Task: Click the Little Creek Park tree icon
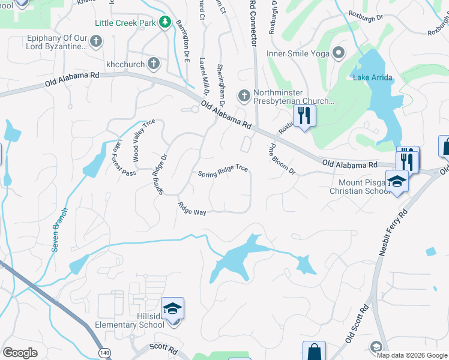165,23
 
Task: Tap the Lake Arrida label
373,77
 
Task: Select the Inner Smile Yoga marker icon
339,52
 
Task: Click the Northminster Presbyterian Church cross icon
244,95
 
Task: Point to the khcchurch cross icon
154,62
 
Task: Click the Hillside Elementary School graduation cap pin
173,309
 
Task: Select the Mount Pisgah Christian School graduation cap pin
397,181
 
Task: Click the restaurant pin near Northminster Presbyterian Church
304,115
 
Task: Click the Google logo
20,352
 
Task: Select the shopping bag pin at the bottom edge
313,352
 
